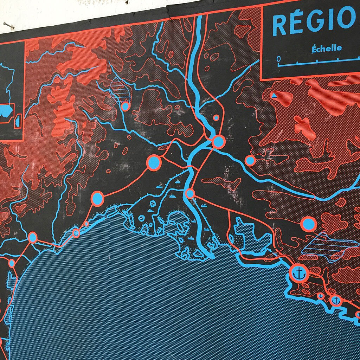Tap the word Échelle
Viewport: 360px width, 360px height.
click(326, 48)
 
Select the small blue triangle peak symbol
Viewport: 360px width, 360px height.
click(274, 95)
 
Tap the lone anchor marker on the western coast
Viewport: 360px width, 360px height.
click(76, 233)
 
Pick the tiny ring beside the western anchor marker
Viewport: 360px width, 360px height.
click(86, 224)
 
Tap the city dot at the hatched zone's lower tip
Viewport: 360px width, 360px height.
click(125, 106)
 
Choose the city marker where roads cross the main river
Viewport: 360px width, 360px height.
click(218, 141)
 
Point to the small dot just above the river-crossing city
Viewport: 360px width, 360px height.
click(216, 117)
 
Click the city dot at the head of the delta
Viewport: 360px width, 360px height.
click(190, 194)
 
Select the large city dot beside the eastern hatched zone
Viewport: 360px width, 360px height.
click(308, 224)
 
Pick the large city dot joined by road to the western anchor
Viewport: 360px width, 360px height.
click(97, 198)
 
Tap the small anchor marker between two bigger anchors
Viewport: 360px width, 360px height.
click(321, 296)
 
